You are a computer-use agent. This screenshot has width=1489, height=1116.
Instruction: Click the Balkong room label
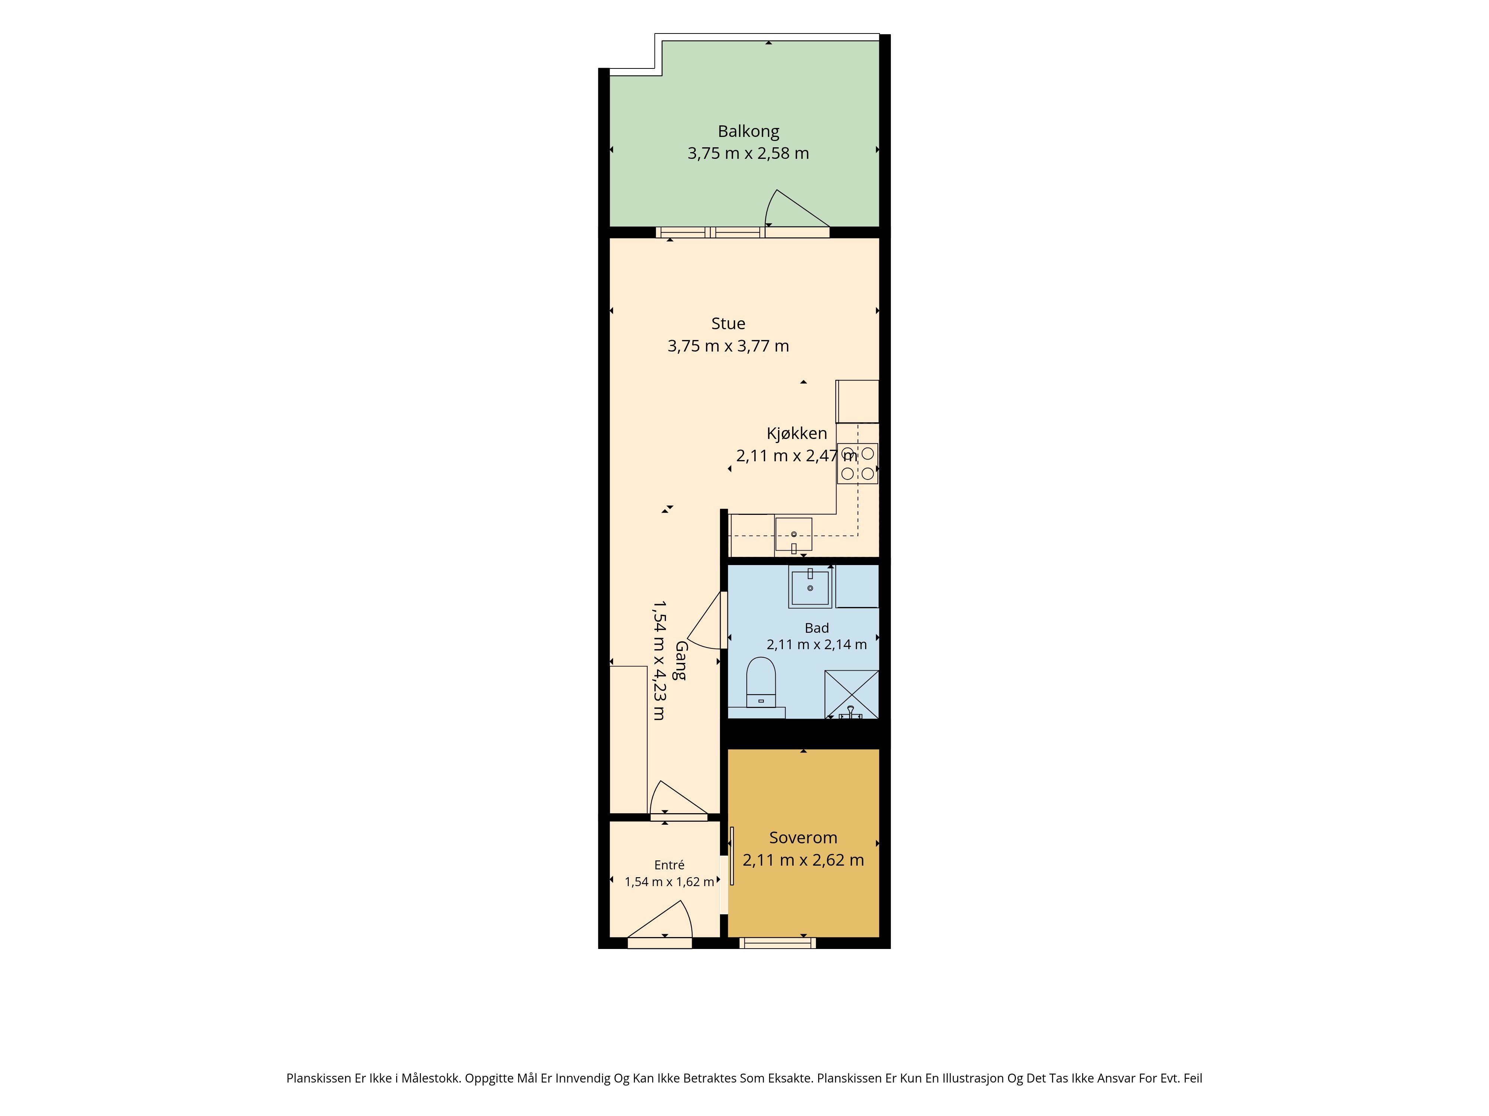coord(748,132)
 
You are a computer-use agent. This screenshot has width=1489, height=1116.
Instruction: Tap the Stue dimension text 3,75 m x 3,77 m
coord(728,346)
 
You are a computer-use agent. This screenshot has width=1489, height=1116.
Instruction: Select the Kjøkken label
coord(796,433)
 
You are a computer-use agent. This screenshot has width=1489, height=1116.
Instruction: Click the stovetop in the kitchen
coord(858,464)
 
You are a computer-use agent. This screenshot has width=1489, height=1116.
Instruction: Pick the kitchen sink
coord(794,534)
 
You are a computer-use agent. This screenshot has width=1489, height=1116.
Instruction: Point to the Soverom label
coord(803,837)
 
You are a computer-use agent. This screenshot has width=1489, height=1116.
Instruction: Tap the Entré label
coord(669,865)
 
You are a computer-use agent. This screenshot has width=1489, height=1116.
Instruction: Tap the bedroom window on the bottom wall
coord(778,943)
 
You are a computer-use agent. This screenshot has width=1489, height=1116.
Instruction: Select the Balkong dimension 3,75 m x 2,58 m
coord(748,153)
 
